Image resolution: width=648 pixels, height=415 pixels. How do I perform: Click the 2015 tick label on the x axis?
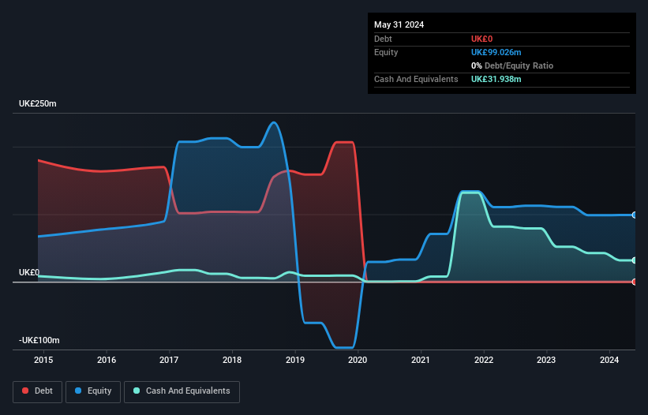[x=43, y=361]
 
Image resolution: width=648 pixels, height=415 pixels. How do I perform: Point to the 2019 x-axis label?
[x=295, y=361]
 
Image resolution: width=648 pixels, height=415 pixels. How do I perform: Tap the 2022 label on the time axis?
[x=484, y=361]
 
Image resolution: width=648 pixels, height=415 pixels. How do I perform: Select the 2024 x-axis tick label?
[x=610, y=361]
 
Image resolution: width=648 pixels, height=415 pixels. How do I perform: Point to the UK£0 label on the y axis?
[x=29, y=273]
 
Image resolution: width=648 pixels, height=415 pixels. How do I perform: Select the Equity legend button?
[x=93, y=391]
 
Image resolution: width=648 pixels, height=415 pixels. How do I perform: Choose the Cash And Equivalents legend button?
[x=182, y=391]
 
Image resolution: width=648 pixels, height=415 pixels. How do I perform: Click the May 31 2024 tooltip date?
[x=399, y=24]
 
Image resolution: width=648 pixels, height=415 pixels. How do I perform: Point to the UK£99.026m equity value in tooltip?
[x=496, y=52]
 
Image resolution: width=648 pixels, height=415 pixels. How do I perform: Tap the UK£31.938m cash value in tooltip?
[x=496, y=79]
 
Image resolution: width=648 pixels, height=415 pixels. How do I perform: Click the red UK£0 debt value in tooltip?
[x=482, y=39]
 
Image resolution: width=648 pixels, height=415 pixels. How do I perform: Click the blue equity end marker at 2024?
[x=635, y=215]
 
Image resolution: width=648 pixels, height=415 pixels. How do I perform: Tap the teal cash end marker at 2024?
[x=635, y=260]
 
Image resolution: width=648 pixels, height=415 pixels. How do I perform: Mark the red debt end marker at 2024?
[x=635, y=282]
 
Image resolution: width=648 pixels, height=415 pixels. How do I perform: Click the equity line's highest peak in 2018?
[x=274, y=122]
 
